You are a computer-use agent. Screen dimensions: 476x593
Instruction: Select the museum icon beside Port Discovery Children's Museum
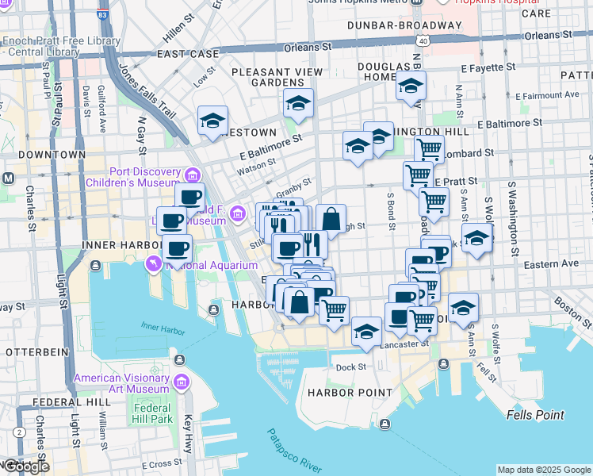tap(193, 175)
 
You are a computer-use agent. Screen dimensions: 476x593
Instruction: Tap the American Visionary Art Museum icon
tap(181, 383)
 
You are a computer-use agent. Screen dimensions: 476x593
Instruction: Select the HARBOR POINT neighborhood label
tap(350, 393)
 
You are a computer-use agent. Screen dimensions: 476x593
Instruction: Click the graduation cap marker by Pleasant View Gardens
tap(299, 103)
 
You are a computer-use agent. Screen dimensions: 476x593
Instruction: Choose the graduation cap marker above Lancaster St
tap(366, 332)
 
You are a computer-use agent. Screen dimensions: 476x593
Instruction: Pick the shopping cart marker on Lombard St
tap(429, 148)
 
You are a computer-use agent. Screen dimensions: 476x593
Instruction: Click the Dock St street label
tap(350, 367)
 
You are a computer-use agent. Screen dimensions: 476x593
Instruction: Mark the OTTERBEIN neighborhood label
tap(33, 351)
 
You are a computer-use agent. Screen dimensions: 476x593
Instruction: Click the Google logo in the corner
tap(26, 466)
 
